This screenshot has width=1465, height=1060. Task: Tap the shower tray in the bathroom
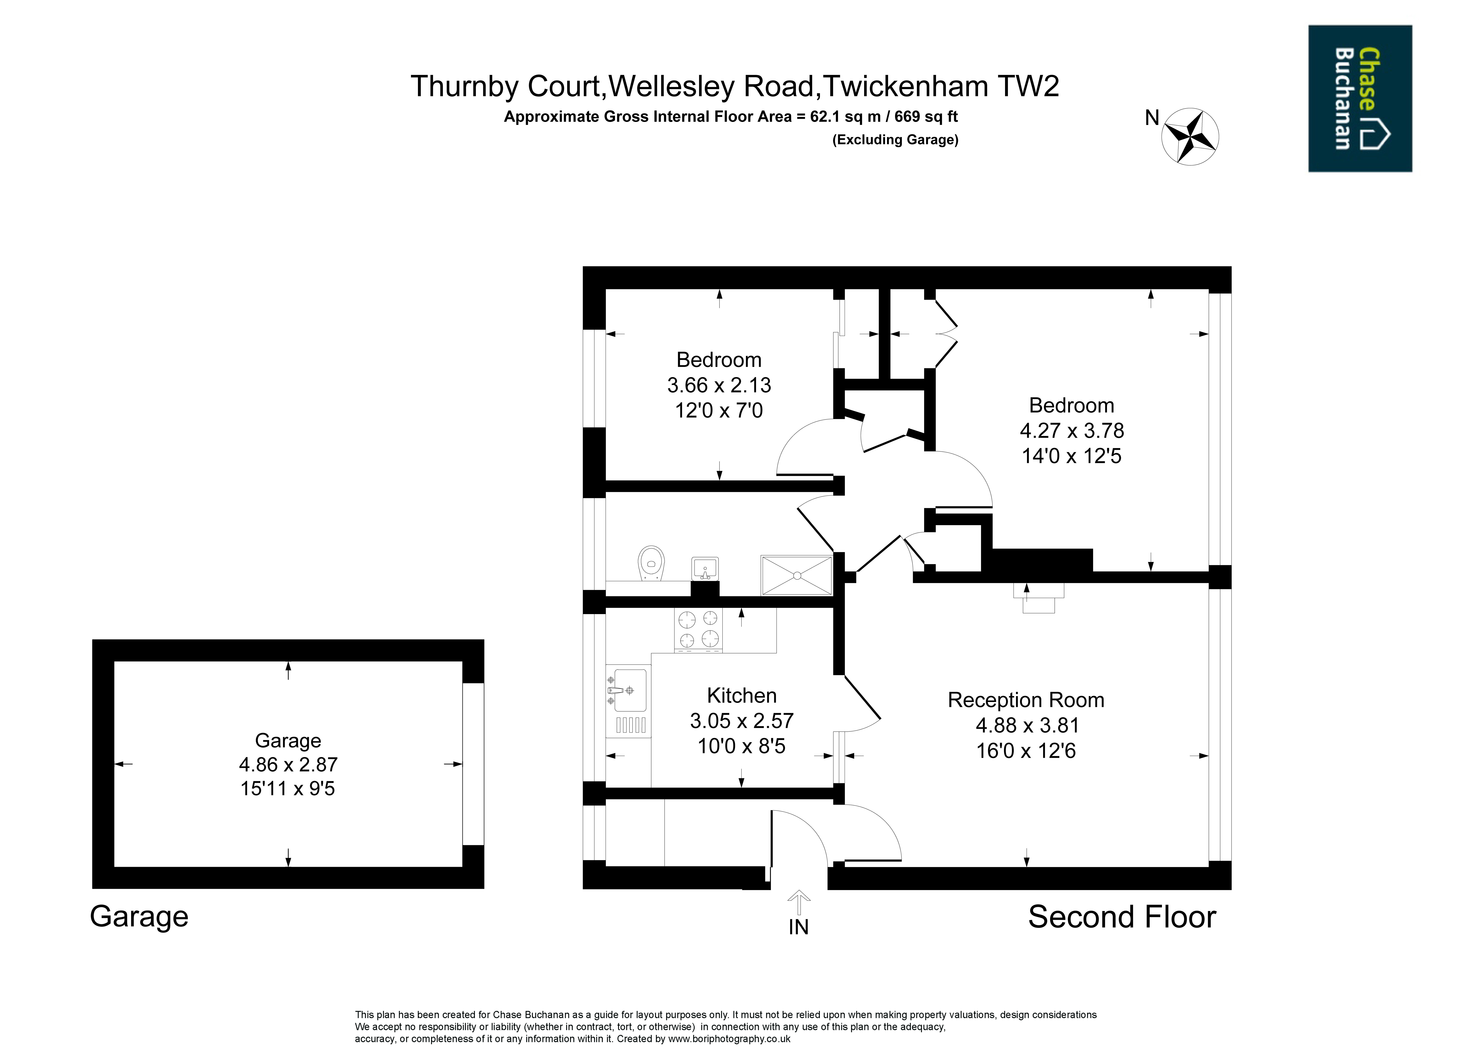click(x=797, y=575)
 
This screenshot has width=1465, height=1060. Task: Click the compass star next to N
click(x=1190, y=136)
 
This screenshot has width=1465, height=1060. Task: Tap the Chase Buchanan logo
click(x=1360, y=98)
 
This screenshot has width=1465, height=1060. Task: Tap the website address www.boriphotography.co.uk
click(x=729, y=1039)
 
